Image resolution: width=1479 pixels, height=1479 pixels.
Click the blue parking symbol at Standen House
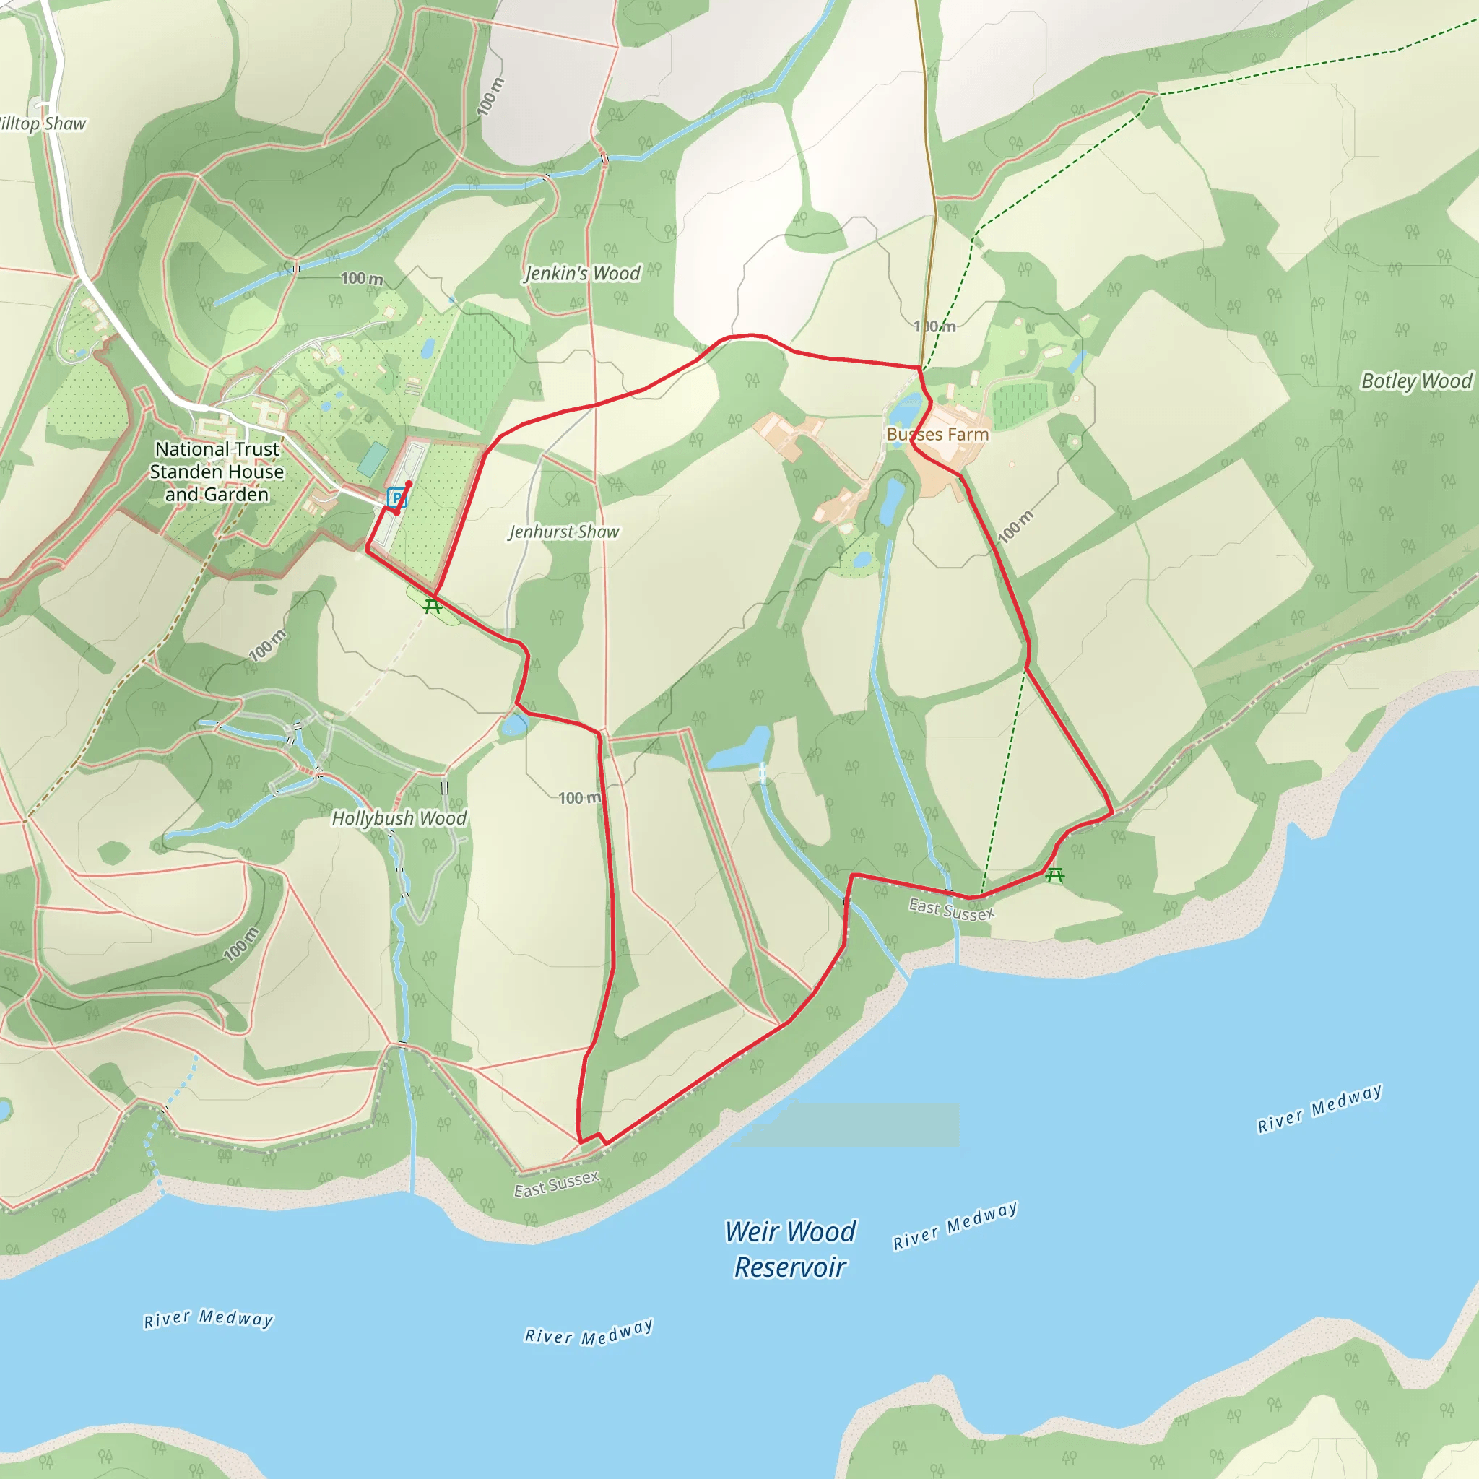point(396,498)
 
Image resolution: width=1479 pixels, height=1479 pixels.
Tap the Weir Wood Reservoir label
point(790,1249)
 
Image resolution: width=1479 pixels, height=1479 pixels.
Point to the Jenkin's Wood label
point(582,273)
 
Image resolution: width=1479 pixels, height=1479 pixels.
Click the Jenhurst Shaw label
point(563,532)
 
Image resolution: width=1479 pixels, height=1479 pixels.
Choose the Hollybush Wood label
point(399,818)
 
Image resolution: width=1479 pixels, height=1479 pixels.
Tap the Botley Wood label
point(1416,381)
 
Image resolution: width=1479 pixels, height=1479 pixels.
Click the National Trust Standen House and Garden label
point(217,472)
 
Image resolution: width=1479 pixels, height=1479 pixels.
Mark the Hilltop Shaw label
point(42,124)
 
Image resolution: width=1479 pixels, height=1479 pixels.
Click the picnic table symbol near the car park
point(433,607)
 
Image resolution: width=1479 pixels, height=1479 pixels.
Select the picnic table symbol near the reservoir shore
point(1055,875)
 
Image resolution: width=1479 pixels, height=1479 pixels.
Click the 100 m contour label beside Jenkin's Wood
point(362,279)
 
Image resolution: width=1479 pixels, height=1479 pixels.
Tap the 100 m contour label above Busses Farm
point(934,327)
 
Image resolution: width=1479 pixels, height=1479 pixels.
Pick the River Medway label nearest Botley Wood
point(1320,1108)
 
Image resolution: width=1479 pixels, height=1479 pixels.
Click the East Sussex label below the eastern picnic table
point(952,909)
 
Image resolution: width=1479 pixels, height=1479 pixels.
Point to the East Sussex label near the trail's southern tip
point(556,1184)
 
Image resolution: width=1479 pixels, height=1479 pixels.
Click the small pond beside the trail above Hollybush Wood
point(514,724)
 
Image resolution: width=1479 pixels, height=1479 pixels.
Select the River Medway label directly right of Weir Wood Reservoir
point(955,1225)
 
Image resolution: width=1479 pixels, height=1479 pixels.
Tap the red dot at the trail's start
point(409,484)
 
